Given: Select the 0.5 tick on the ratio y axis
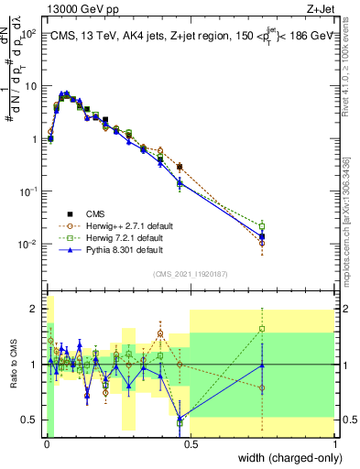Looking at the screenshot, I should pos(31,420).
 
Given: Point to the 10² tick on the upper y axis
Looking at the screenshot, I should pos(29,33).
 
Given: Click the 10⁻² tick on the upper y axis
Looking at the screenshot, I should pos(29,244).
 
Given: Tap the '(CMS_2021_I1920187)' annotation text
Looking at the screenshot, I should pos(190,273).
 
